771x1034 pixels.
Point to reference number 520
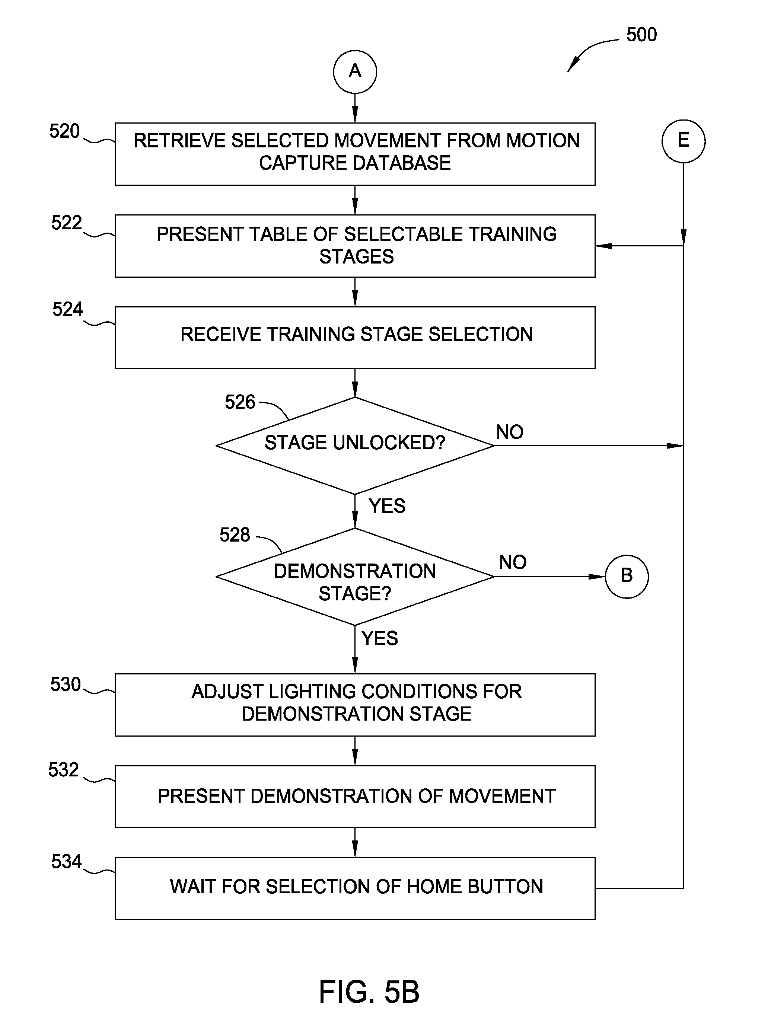pyautogui.click(x=64, y=131)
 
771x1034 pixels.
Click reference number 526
pyautogui.click(x=240, y=402)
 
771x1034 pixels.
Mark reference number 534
pyautogui.click(x=66, y=862)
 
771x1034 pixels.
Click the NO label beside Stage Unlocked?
pyautogui.click(x=510, y=432)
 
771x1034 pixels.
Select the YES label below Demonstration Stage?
pyautogui.click(x=379, y=638)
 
